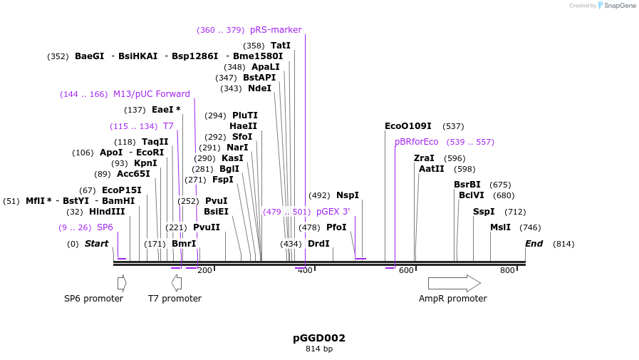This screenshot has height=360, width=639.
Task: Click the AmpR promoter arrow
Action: pos(454,283)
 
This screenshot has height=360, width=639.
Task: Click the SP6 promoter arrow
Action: pos(122,283)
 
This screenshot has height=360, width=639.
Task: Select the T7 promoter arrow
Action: pos(177,283)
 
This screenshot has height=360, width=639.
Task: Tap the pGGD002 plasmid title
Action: pos(319,338)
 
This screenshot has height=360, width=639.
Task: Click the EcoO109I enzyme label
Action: pos(407,126)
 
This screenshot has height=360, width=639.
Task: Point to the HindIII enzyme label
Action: pos(107,212)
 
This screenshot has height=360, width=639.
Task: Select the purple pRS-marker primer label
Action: pos(276,30)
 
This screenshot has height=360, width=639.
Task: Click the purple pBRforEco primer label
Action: pos(417,142)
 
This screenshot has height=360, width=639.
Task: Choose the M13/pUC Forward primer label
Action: pos(152,94)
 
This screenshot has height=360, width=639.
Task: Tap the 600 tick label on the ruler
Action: pos(406,270)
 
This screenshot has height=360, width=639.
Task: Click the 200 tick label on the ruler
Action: pos(204,270)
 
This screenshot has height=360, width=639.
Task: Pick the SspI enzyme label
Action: pos(484,212)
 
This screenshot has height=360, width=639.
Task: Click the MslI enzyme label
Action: pos(500,227)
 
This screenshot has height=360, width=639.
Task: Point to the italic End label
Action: pos(534,244)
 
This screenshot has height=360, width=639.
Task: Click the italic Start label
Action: pos(96,244)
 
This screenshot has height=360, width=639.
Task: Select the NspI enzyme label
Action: pos(348,195)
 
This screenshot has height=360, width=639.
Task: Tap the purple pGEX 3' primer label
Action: pos(333,212)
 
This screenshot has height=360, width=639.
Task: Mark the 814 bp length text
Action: pos(319,349)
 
